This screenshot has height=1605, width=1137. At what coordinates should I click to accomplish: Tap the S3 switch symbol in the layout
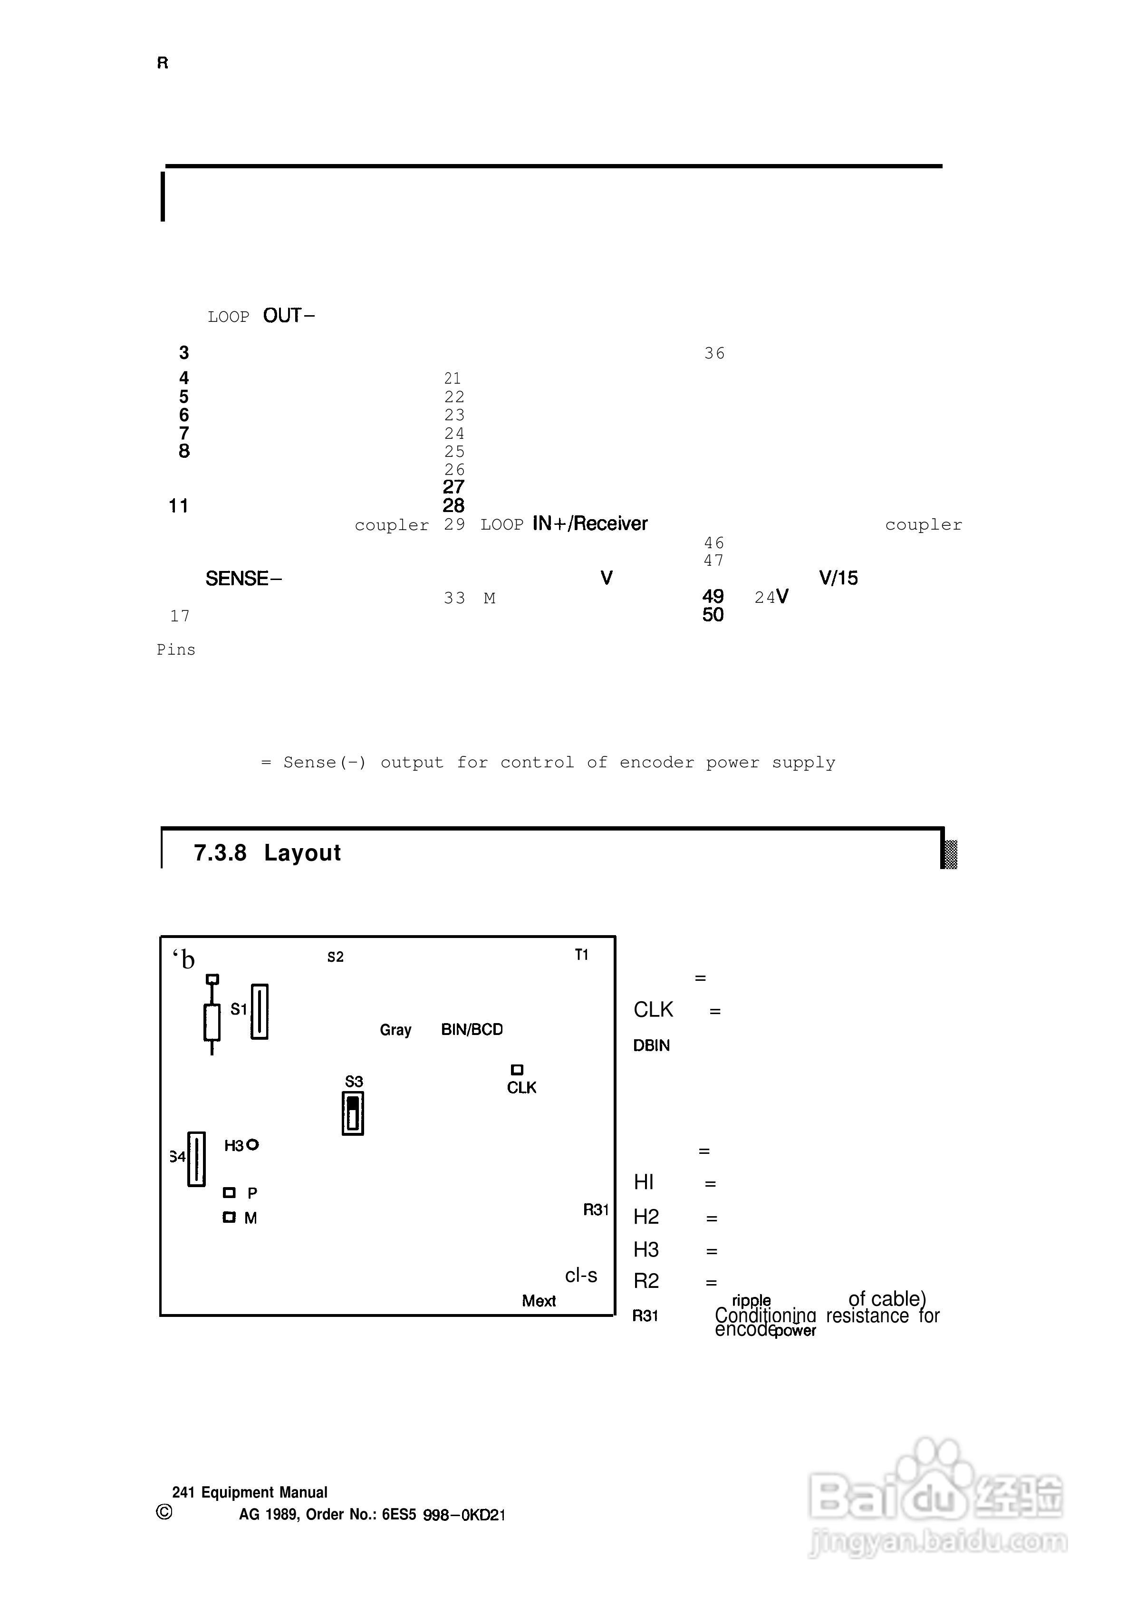(353, 1113)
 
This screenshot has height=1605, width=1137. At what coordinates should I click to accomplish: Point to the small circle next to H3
(253, 1144)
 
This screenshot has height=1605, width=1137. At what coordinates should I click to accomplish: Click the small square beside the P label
(229, 1192)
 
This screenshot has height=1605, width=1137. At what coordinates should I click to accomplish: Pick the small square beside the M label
(229, 1217)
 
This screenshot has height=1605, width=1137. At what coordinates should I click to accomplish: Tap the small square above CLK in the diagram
(517, 1069)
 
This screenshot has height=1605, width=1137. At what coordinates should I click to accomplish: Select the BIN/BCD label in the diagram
(472, 1029)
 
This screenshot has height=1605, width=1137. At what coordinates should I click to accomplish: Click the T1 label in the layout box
(581, 955)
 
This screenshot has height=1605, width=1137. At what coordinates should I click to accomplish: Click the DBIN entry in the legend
(651, 1045)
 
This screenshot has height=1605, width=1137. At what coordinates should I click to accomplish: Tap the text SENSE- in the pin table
(243, 579)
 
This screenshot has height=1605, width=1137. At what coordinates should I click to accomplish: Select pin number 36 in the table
(714, 354)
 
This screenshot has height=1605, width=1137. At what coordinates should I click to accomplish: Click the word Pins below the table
(176, 650)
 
